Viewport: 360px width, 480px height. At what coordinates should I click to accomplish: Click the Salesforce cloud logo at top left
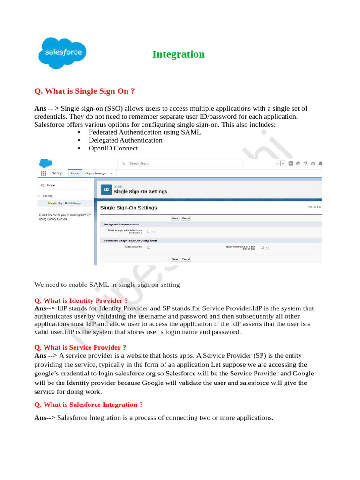(x=62, y=53)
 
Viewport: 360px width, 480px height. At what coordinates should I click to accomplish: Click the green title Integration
(x=178, y=54)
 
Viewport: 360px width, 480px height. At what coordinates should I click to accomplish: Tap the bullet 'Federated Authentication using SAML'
(x=145, y=132)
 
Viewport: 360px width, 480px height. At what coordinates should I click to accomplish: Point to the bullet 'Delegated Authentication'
(x=125, y=140)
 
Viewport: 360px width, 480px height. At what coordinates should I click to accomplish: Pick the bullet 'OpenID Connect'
(x=113, y=148)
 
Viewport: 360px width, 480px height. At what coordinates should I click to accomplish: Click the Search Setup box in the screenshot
(x=180, y=164)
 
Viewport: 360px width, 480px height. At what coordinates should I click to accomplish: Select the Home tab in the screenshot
(x=75, y=173)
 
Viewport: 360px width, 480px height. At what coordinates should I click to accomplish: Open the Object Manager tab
(x=96, y=173)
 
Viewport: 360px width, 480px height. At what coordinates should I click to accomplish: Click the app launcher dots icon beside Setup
(x=44, y=173)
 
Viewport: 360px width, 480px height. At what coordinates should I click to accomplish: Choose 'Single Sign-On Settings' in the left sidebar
(x=64, y=203)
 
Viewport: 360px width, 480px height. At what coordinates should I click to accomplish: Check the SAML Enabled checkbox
(x=149, y=247)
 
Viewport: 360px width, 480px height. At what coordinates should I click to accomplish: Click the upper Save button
(x=175, y=218)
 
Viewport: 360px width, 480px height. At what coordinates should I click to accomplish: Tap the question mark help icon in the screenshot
(x=305, y=164)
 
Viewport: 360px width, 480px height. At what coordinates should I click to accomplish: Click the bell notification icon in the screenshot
(x=320, y=164)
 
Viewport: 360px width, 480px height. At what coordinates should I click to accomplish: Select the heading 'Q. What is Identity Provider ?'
(x=81, y=300)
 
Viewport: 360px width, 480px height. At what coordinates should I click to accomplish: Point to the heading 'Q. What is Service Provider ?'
(x=80, y=347)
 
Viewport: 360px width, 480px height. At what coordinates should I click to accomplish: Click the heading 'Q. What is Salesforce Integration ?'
(x=89, y=405)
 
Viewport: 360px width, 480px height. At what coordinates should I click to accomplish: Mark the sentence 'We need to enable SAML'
(x=107, y=285)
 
